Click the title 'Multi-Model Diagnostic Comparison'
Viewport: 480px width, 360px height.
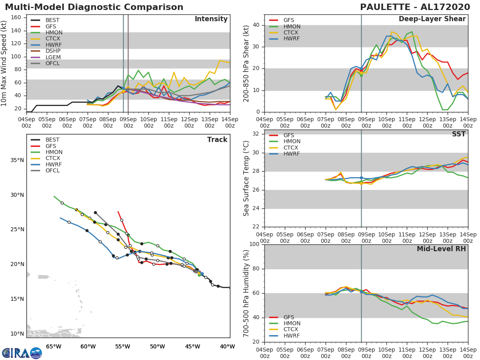(x=94, y=7)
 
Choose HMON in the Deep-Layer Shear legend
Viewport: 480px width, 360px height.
(x=292, y=26)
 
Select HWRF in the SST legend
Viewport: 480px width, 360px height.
(x=292, y=154)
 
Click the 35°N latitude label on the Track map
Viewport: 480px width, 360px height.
(x=17, y=160)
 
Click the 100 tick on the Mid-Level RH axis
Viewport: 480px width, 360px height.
(x=253, y=244)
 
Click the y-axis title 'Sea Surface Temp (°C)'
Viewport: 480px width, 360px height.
(x=247, y=178)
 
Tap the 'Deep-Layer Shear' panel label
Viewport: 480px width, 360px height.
(x=432, y=19)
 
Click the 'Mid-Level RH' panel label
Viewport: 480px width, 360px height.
(x=441, y=249)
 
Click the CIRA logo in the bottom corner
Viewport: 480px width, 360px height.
(x=22, y=353)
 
